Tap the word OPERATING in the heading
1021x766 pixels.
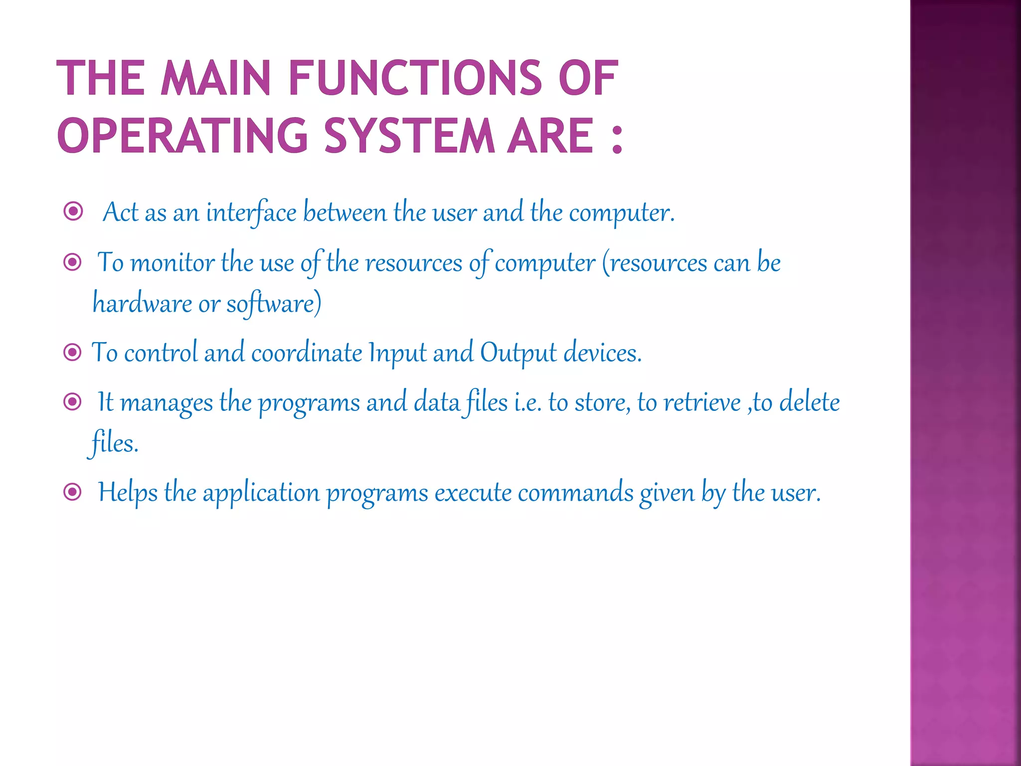tap(182, 136)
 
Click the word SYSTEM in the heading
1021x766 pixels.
tap(409, 136)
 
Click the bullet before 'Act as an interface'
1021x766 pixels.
tap(73, 211)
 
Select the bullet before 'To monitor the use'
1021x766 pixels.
tap(73, 262)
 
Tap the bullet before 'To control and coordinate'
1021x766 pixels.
tap(73, 353)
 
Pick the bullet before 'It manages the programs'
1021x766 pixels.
tap(73, 401)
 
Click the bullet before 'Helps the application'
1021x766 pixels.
tap(73, 492)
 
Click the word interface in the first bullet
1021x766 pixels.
tap(251, 212)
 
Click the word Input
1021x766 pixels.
tap(397, 353)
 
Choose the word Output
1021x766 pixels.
tap(518, 353)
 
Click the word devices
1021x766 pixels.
tap(602, 353)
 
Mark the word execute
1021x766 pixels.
tap(473, 493)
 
